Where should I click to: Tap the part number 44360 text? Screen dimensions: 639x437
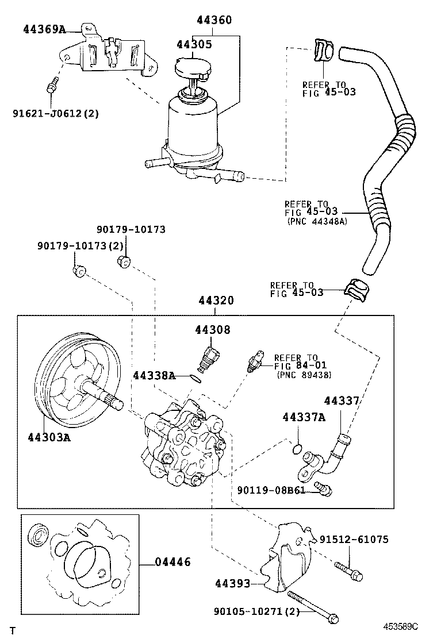pos(214,21)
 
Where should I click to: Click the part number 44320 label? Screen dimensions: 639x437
pos(216,301)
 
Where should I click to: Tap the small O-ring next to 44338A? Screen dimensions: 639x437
pos(196,378)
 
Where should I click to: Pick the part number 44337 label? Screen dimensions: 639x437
pos(342,401)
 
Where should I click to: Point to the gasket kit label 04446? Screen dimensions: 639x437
pos(172,563)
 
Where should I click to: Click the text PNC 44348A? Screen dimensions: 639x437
pos(317,221)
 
